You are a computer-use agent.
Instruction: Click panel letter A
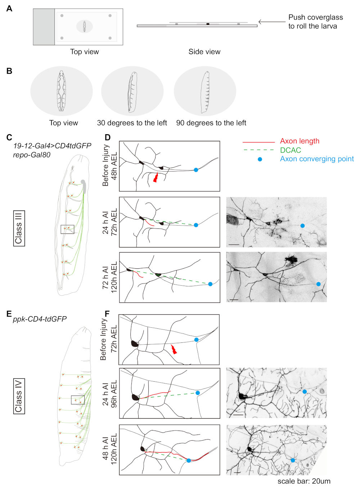coord(9,9)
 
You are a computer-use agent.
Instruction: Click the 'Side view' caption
coord(204,52)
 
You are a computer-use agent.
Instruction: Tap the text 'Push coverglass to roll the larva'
coord(315,22)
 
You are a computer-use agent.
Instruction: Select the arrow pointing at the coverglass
coord(272,22)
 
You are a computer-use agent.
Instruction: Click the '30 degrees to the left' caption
coord(132,123)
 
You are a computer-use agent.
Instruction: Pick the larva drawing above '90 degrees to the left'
coord(205,92)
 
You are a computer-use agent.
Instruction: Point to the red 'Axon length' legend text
coord(300,141)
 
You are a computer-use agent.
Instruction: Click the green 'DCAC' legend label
coord(290,150)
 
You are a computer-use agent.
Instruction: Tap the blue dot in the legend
coord(260,159)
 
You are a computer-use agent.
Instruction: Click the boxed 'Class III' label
coord(19,228)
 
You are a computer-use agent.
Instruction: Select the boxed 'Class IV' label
coord(19,396)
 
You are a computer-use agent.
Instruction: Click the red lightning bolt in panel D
coord(156,177)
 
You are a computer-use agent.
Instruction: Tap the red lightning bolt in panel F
coord(174,349)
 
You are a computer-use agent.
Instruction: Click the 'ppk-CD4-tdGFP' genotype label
coord(40,319)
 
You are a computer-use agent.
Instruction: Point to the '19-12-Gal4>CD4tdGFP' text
coord(52,146)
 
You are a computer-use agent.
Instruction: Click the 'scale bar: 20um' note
coord(303,481)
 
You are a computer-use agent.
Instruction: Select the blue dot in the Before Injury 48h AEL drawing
coord(196,170)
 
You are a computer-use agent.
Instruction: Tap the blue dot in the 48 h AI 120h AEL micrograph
coord(293,460)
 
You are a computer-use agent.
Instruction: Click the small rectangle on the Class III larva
coord(67,229)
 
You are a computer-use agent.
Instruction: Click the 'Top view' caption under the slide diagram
coord(84,52)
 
